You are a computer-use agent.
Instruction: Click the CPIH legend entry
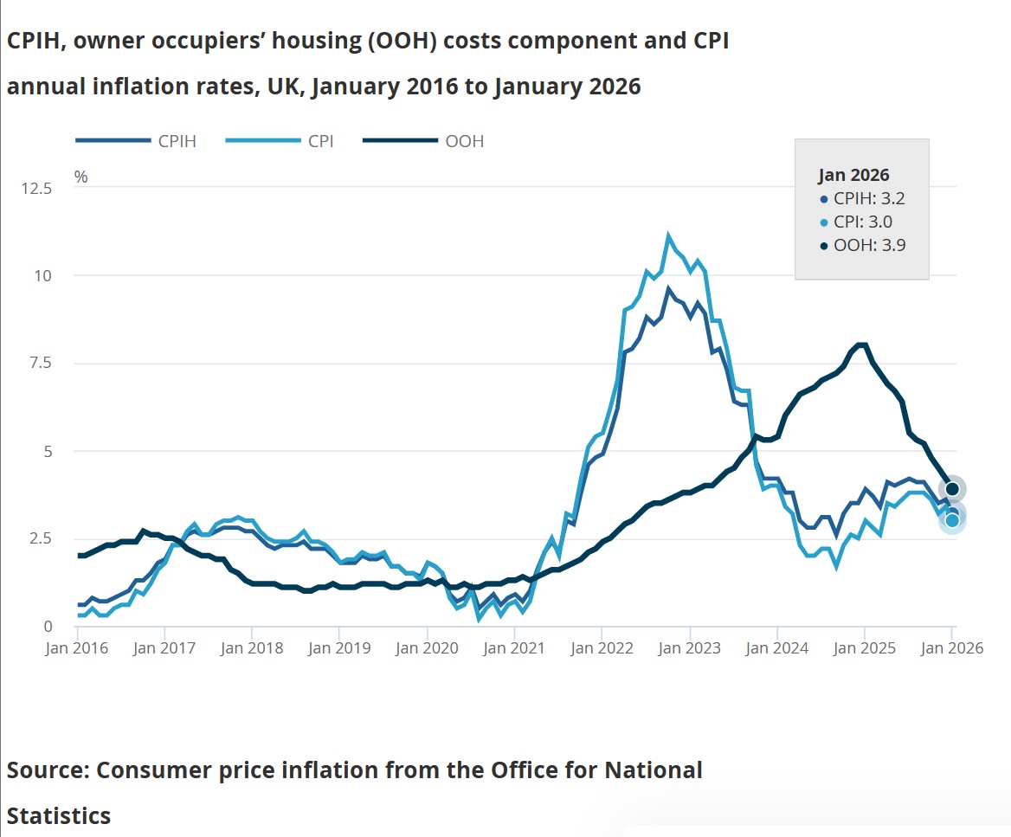[136, 141]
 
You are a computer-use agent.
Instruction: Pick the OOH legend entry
[423, 141]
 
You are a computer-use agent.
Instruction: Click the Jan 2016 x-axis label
[78, 648]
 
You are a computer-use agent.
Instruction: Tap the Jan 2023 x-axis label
[689, 648]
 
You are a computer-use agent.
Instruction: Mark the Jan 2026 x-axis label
[952, 648]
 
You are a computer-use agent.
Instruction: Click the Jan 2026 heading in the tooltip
[854, 175]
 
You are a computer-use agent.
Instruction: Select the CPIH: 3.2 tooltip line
[862, 198]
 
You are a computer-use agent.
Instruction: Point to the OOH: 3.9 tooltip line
[862, 246]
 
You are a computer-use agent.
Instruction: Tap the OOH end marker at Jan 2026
[952, 489]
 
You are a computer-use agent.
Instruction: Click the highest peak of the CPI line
[668, 235]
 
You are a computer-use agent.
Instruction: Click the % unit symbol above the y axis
[80, 177]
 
